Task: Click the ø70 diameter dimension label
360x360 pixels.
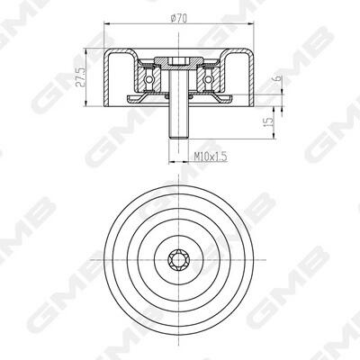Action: coord(179,19)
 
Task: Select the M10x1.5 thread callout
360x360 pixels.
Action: coord(211,157)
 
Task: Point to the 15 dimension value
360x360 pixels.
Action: coord(269,121)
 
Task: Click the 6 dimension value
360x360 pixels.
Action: coord(278,78)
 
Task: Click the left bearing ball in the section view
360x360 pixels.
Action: coord(148,79)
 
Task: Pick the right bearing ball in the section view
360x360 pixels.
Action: coord(207,79)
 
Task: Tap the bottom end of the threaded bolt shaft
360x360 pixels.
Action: coord(178,138)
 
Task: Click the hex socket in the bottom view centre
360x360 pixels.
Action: coord(178,259)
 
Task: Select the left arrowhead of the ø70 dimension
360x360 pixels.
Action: coord(107,23)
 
